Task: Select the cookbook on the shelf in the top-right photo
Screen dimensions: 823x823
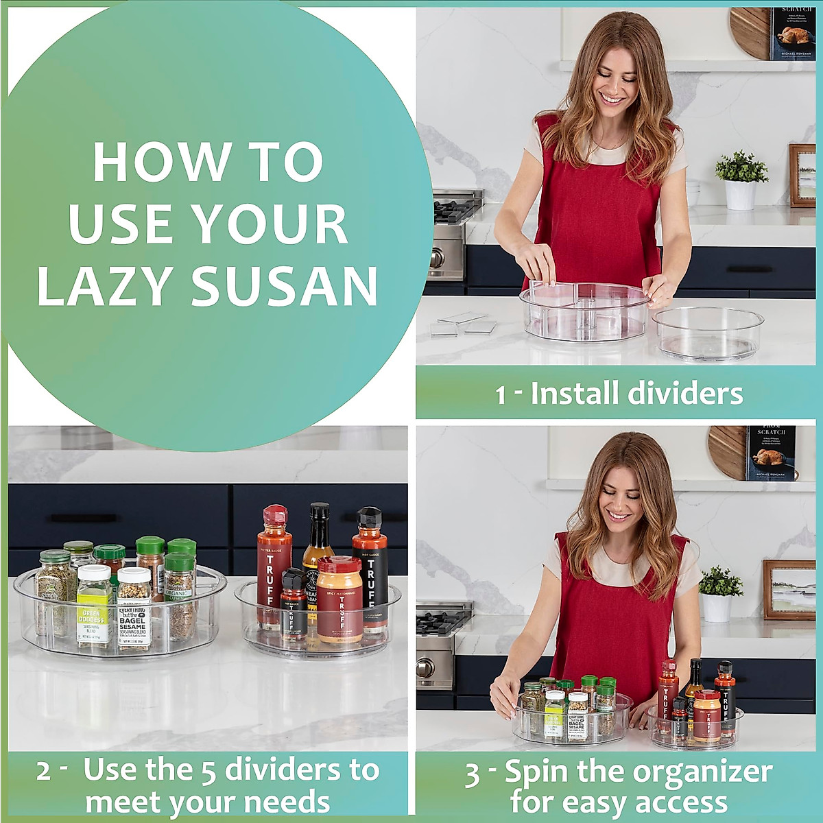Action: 793,34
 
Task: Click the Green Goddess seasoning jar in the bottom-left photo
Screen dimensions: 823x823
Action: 93,607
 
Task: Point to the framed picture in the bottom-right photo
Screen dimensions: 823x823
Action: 789,590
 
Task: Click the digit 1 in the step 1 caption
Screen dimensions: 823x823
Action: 501,395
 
